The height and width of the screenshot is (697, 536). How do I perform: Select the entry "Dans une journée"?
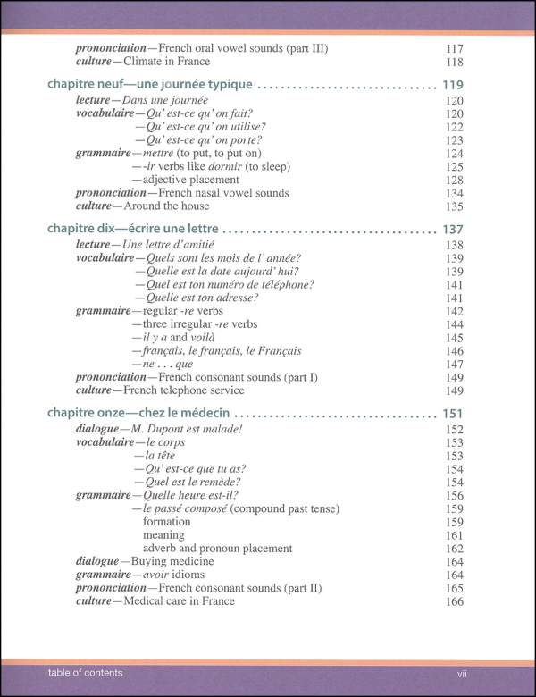(163, 101)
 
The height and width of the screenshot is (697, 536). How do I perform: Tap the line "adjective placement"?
(184, 179)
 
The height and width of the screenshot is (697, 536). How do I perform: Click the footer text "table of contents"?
(74, 672)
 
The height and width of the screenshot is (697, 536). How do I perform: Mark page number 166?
(454, 600)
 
